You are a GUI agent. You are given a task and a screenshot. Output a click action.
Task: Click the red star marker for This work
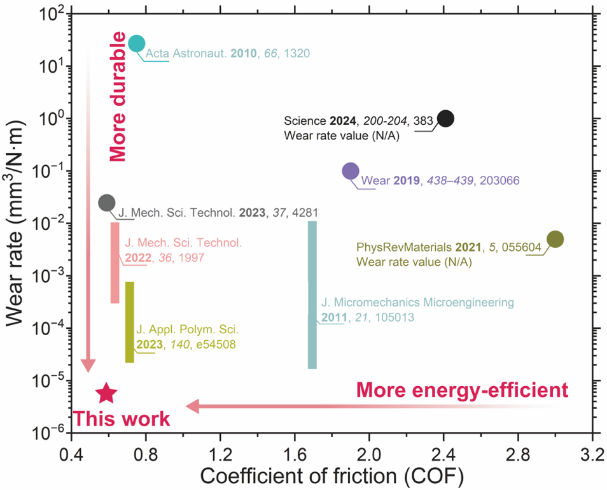(106, 394)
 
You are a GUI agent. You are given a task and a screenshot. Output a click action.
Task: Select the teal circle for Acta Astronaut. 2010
(136, 43)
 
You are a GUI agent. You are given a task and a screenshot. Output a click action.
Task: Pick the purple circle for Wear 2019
(351, 171)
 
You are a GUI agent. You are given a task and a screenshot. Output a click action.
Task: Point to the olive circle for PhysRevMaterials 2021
(555, 239)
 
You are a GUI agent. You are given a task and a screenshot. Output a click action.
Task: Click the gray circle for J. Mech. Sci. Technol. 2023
(107, 203)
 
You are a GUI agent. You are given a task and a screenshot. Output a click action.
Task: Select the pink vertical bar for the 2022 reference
(115, 263)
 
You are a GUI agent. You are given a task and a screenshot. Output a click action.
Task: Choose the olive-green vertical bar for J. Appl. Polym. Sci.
(130, 322)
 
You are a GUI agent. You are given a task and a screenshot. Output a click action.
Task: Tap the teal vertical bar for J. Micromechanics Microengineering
(312, 294)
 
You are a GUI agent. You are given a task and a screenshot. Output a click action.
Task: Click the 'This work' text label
(122, 419)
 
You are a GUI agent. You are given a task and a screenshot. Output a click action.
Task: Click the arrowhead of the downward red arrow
(88, 366)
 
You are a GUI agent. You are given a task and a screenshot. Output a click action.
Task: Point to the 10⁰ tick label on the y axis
(52, 119)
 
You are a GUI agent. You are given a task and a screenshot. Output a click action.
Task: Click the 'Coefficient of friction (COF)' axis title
(331, 475)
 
